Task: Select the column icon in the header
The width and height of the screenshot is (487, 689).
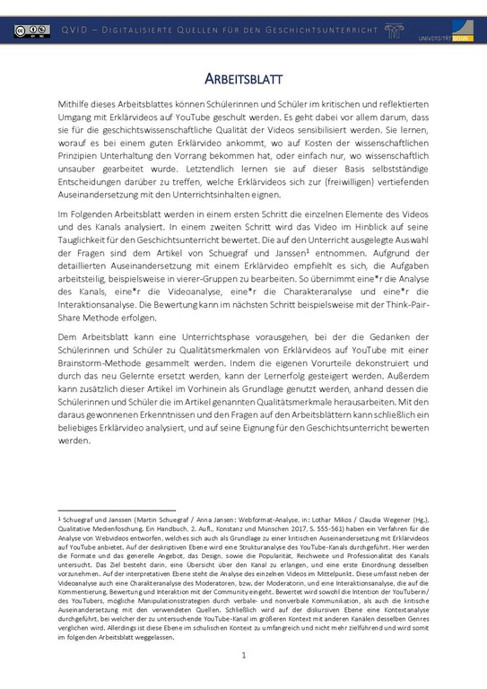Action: click(x=393, y=31)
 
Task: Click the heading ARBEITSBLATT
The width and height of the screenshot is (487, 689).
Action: click(x=243, y=78)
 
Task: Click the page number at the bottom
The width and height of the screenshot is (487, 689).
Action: click(x=243, y=656)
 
